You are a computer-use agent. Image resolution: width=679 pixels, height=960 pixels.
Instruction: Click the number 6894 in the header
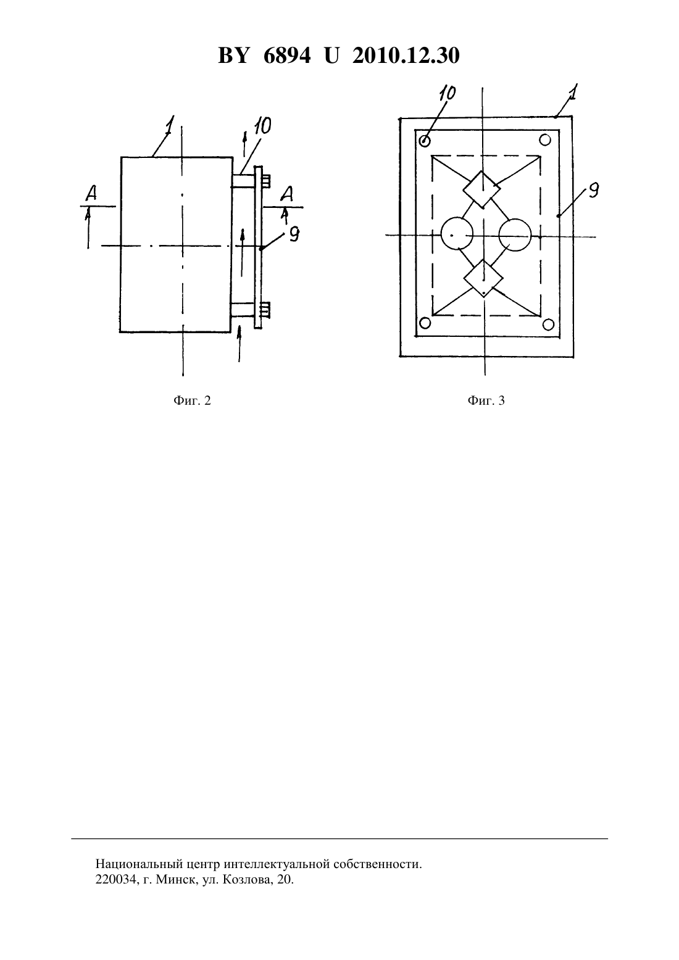(x=286, y=56)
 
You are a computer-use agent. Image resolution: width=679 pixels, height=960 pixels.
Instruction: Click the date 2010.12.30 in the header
(x=406, y=56)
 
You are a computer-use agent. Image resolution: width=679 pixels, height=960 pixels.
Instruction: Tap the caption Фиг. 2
(x=192, y=400)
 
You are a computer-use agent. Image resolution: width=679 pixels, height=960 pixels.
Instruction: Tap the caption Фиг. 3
(x=486, y=400)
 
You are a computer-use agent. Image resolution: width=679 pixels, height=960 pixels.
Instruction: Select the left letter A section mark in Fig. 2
(x=91, y=194)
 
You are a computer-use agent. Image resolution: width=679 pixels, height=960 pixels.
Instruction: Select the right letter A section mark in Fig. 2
(x=286, y=194)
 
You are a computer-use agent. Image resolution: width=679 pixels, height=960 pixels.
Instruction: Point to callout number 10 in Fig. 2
(x=262, y=126)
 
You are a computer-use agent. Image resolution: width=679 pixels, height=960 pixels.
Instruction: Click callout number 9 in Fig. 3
(x=593, y=190)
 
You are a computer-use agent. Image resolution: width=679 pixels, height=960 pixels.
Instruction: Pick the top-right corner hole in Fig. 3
(x=545, y=139)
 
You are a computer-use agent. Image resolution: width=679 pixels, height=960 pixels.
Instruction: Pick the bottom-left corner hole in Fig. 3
(x=425, y=323)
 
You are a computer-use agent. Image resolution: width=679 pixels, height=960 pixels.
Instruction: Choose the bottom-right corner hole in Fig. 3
(x=548, y=325)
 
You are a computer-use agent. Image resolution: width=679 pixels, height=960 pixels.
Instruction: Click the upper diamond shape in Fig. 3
(x=481, y=189)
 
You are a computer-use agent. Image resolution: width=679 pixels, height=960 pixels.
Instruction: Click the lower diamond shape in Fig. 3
(x=483, y=278)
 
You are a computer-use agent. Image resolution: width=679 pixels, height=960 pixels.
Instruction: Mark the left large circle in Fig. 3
(x=457, y=234)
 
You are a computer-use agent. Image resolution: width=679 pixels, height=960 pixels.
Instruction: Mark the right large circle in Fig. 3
(x=515, y=234)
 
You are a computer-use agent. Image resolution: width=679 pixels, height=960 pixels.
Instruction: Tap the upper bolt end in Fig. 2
(x=266, y=181)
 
